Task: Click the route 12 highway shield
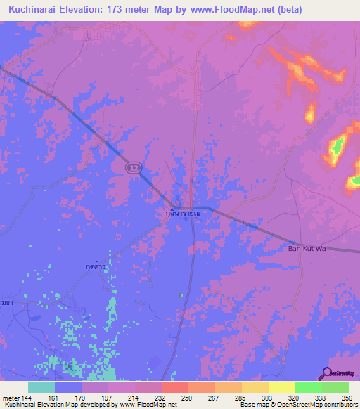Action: [134, 168]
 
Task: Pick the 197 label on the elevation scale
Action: [108, 397]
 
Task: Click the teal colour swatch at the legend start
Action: [41, 387]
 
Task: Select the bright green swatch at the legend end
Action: [335, 387]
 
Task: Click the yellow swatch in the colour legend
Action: [281, 387]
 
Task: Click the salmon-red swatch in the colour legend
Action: [174, 387]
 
